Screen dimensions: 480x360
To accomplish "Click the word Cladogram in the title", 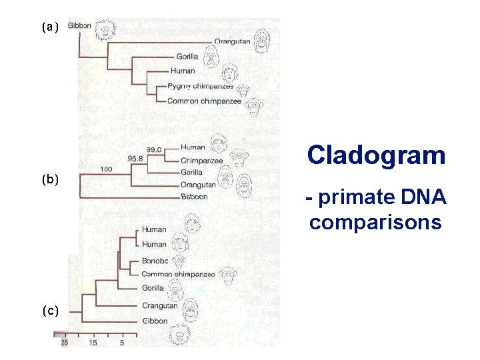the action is [376, 155].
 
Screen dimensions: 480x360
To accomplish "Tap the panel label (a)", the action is [50, 27].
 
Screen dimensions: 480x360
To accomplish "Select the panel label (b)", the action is [50, 179].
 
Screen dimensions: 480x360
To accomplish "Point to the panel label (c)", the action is [50, 311].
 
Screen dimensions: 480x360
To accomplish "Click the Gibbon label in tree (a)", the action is [80, 25].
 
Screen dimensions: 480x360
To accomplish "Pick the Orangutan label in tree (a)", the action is [232, 41].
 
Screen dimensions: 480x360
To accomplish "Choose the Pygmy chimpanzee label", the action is [199, 86].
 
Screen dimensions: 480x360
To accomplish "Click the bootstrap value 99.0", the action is [155, 149].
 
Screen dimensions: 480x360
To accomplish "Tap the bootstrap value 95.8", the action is [136, 159].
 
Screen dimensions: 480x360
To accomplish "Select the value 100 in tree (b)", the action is [105, 169].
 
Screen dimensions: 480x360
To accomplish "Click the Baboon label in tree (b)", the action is [194, 197].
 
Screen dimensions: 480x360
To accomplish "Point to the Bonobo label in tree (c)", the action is [155, 260].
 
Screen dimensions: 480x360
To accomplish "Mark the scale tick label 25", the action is [65, 343].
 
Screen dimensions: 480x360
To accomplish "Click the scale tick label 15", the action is [93, 343].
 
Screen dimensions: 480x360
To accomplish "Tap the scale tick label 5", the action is [122, 343].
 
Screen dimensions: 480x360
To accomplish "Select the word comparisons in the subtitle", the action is [375, 222].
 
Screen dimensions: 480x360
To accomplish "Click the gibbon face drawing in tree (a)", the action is [105, 28].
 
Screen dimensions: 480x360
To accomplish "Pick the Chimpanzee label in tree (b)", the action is [201, 161].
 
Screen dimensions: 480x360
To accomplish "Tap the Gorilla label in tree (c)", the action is [153, 288].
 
